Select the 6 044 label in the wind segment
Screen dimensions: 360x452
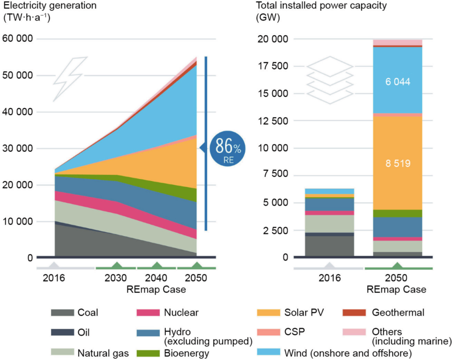click(x=398, y=81)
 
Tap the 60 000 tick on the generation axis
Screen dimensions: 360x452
click(x=18, y=39)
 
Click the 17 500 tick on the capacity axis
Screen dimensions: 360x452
click(x=275, y=66)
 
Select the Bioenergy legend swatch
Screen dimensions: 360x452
click(x=147, y=352)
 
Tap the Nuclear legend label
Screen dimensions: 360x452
click(x=181, y=312)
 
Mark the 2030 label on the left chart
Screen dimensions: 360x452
click(x=116, y=278)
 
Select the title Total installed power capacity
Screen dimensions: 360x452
click(x=312, y=6)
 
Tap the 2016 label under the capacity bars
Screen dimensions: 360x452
click(x=330, y=278)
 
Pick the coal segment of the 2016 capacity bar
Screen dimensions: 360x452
click(x=330, y=246)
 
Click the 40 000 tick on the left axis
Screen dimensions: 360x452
click(x=18, y=112)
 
